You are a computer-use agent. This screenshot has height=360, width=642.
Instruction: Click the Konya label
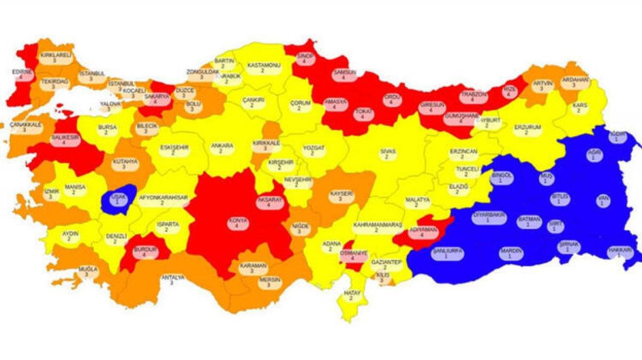pos(224,222)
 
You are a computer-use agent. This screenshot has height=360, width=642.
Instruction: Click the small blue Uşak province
pos(117,199)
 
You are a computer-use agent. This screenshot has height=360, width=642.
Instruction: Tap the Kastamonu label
pos(263,67)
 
